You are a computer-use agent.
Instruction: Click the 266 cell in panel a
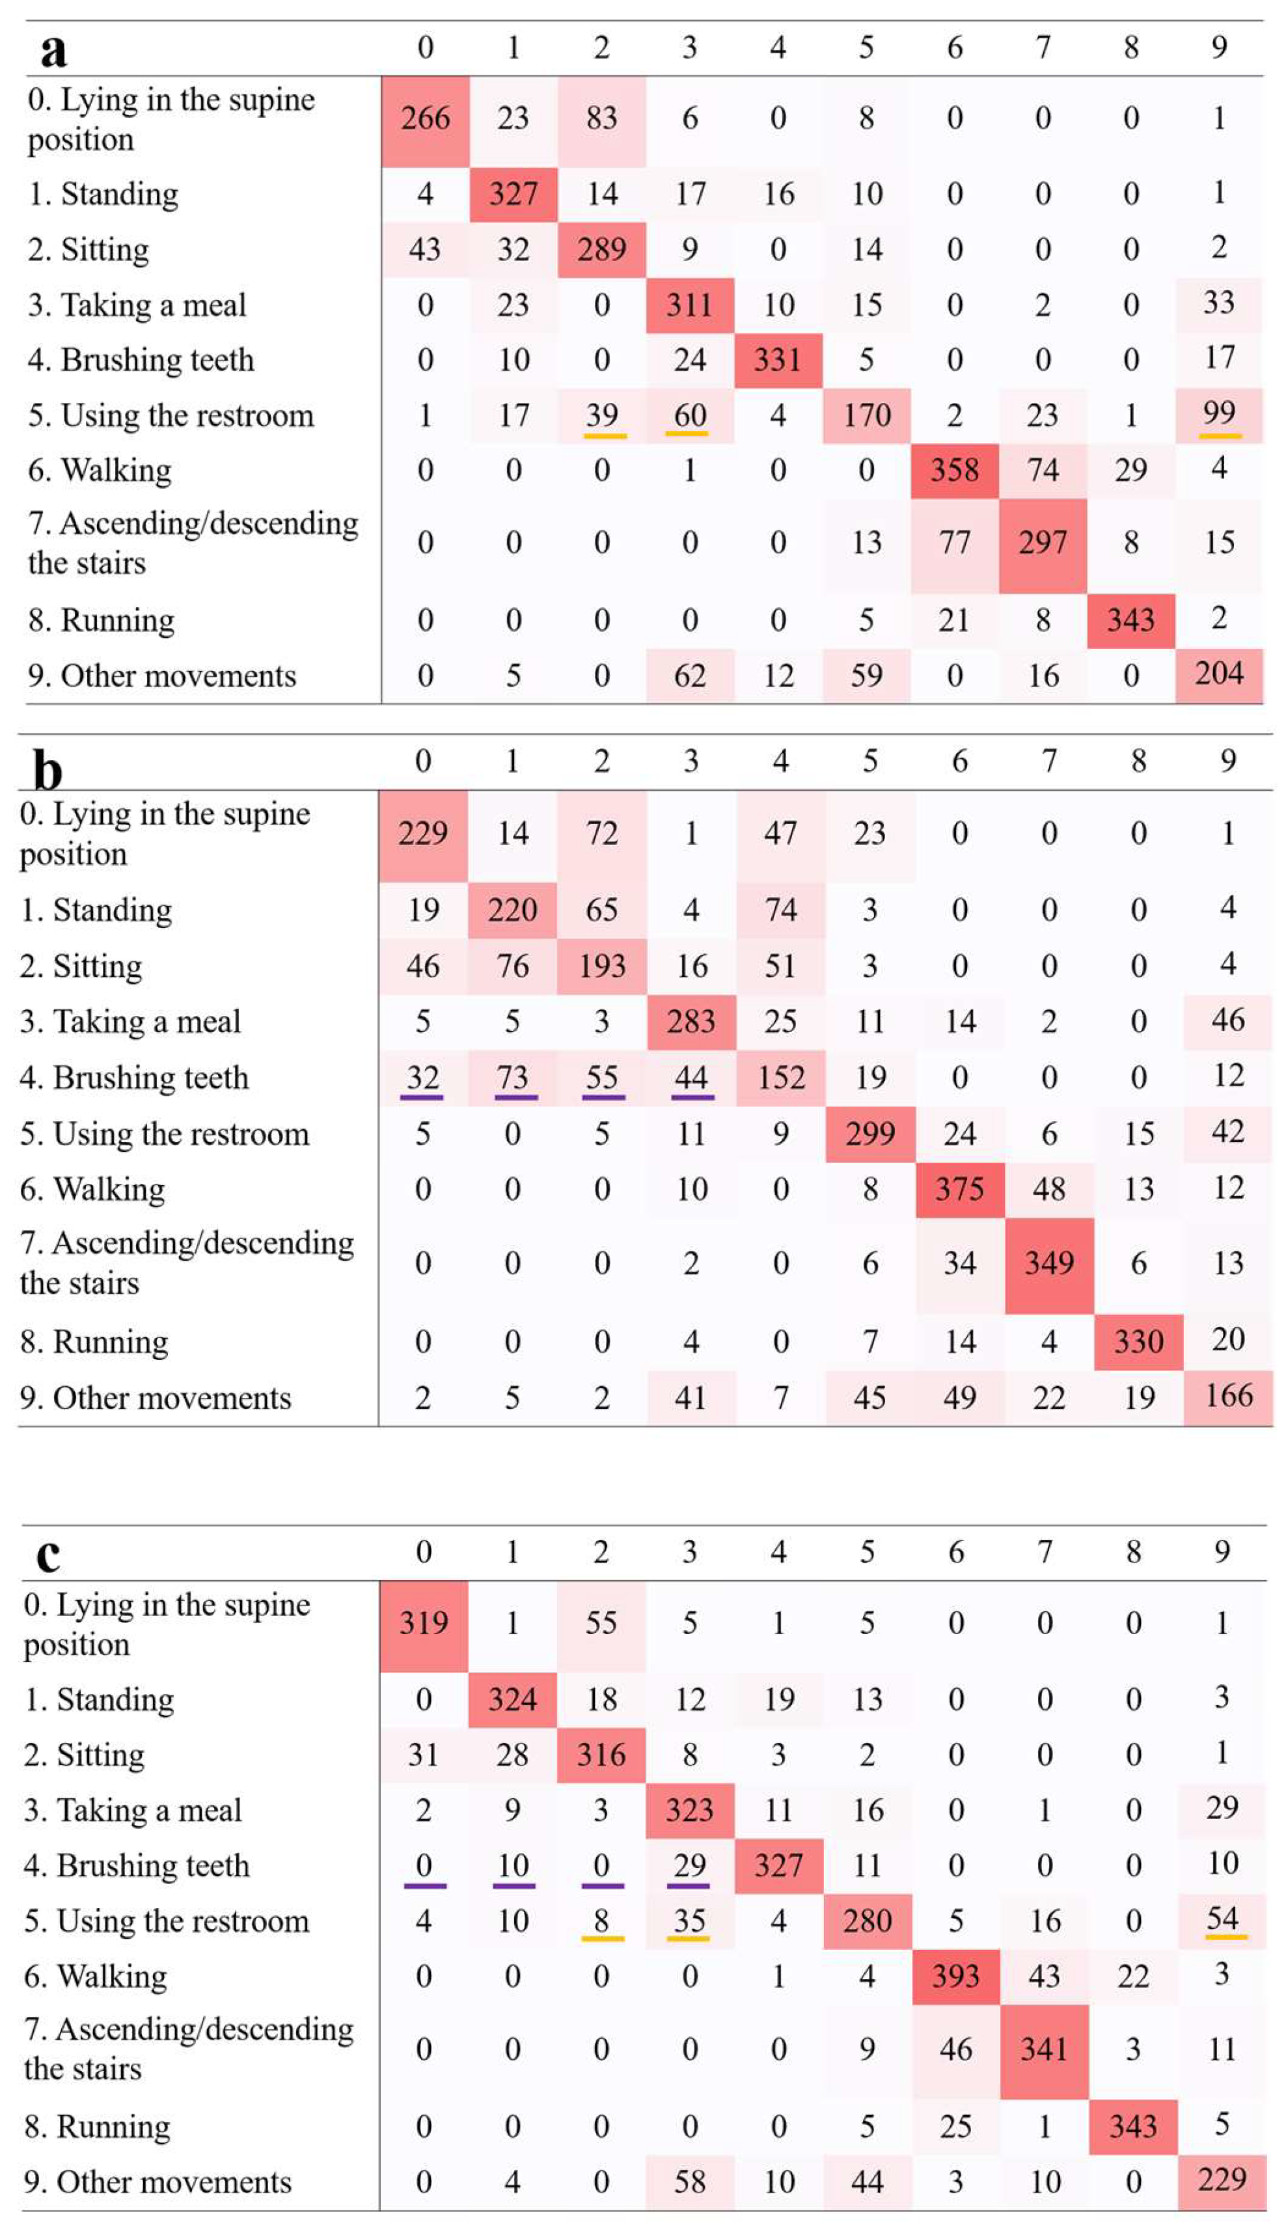pyautogui.click(x=425, y=118)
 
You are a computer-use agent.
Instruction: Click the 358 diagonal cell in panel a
pyautogui.click(x=955, y=470)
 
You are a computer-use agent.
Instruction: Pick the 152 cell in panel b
pyautogui.click(x=781, y=1078)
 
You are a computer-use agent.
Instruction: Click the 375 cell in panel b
pyautogui.click(x=959, y=1188)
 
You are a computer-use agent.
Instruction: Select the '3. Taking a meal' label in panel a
pyautogui.click(x=137, y=305)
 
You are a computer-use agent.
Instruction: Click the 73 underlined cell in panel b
pyautogui.click(x=513, y=1078)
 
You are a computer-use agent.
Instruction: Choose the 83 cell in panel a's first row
pyautogui.click(x=601, y=118)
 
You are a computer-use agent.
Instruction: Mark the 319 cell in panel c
pyautogui.click(x=424, y=1622)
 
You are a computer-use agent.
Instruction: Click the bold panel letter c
pyautogui.click(x=48, y=1557)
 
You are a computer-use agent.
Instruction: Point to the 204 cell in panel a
pyautogui.click(x=1219, y=675)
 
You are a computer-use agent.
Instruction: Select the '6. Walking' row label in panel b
pyautogui.click(x=92, y=1188)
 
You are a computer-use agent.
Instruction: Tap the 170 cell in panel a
pyautogui.click(x=866, y=415)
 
